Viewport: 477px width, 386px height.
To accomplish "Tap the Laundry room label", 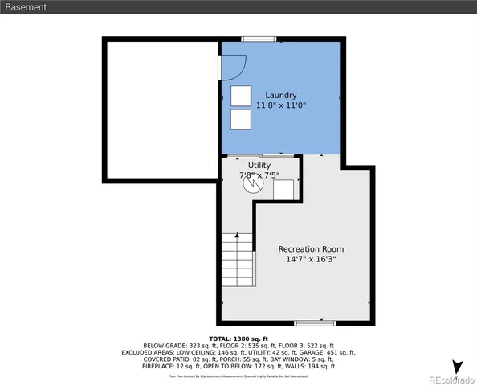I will [x=281, y=95].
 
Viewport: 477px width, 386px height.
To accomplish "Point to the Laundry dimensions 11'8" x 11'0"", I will [x=281, y=105].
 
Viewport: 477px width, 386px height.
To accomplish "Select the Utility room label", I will [x=259, y=165].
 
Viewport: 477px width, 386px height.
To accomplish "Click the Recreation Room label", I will [x=312, y=249].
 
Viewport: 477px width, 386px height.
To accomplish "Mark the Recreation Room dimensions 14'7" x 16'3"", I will [x=312, y=260].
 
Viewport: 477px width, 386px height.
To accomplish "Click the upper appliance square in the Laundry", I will [x=240, y=96].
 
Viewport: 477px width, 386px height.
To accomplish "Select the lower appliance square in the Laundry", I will [x=240, y=121].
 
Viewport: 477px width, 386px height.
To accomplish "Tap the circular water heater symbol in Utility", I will [x=253, y=183].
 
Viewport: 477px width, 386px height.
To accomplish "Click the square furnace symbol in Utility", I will [x=283, y=190].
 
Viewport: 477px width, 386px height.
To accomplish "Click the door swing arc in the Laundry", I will [x=233, y=67].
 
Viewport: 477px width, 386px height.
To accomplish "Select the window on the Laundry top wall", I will [x=259, y=38].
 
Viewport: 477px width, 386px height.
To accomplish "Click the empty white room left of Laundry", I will [x=161, y=111].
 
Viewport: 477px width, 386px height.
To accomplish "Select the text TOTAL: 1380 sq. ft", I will [x=238, y=339].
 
